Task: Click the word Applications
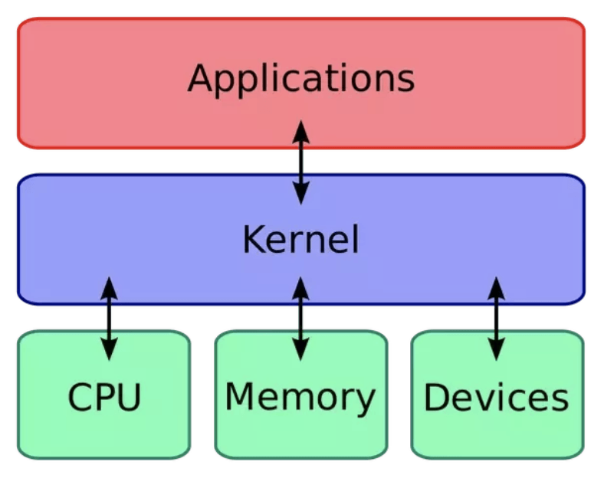tap(300, 79)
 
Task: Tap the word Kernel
tap(300, 239)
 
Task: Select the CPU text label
tap(104, 397)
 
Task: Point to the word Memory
tap(300, 397)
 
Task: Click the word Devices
tap(497, 398)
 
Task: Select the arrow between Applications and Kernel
tap(301, 162)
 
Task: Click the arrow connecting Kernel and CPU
tap(110, 319)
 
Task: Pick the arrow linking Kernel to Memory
tap(301, 319)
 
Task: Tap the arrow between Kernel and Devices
tap(497, 319)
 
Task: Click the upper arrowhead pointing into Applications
tap(301, 130)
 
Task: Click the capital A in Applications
tap(200, 77)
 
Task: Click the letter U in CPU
tap(128, 397)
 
